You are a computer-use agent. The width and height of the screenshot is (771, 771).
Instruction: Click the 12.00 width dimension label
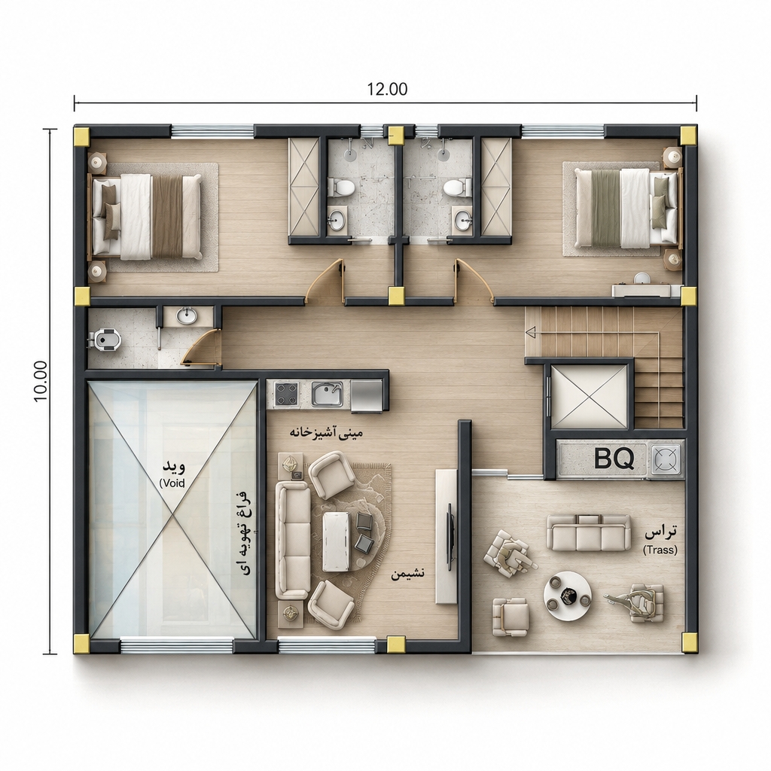coord(387,89)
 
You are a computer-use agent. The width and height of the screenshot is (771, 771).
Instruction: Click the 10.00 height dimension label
coord(41,381)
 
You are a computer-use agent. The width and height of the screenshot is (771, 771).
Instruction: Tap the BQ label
coord(614,459)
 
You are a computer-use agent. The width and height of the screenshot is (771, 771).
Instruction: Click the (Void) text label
coord(172,483)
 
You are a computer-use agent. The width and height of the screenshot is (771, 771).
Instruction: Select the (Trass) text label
coord(660,550)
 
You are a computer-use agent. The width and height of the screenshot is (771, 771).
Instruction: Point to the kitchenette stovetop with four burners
coord(287,395)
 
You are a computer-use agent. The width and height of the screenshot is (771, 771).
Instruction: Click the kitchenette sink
coord(327,395)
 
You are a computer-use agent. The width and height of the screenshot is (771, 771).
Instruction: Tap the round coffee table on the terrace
coord(567,596)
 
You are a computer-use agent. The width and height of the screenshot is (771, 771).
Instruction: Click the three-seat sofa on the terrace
coord(589,532)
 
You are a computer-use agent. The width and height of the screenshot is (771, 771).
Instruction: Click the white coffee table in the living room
coord(337,541)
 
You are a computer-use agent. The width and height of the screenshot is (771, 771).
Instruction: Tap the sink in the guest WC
coord(187,316)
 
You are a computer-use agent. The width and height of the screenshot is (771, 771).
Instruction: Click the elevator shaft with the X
coord(590,396)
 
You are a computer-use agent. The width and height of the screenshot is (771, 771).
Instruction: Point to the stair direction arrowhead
coord(530,333)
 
